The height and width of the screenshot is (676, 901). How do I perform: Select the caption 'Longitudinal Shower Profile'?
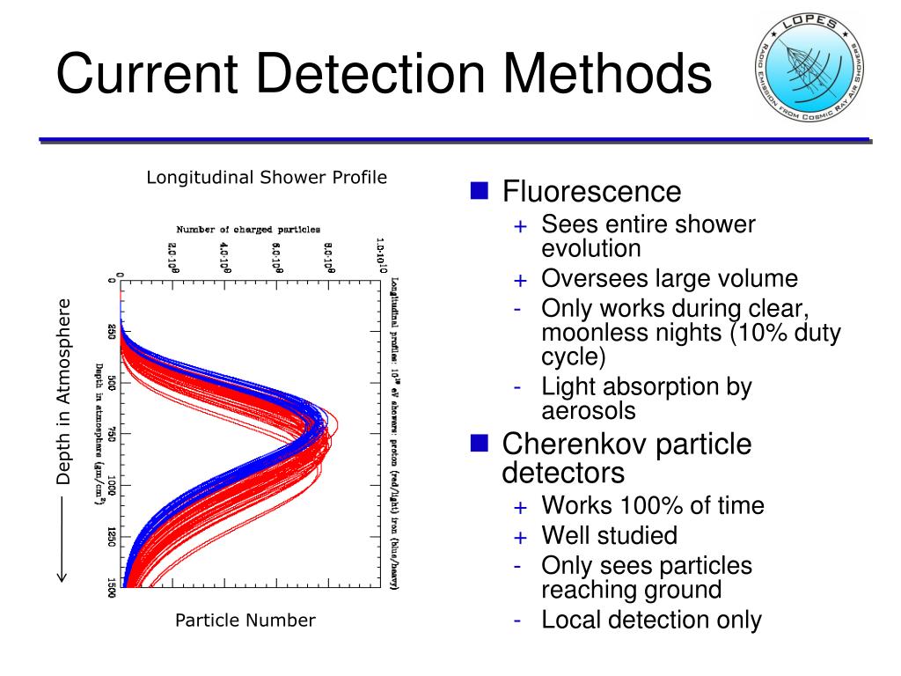(x=267, y=178)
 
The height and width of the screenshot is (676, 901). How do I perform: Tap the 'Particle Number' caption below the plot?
(x=245, y=621)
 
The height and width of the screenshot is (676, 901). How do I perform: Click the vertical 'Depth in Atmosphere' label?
(x=62, y=392)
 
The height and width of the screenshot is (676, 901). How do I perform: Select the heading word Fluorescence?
(x=591, y=192)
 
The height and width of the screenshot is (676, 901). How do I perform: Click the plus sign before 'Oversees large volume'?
(x=521, y=281)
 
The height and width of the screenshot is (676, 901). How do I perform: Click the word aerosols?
(x=588, y=410)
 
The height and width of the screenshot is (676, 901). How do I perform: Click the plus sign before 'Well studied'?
(x=521, y=537)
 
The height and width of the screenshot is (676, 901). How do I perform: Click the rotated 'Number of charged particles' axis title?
(x=248, y=230)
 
